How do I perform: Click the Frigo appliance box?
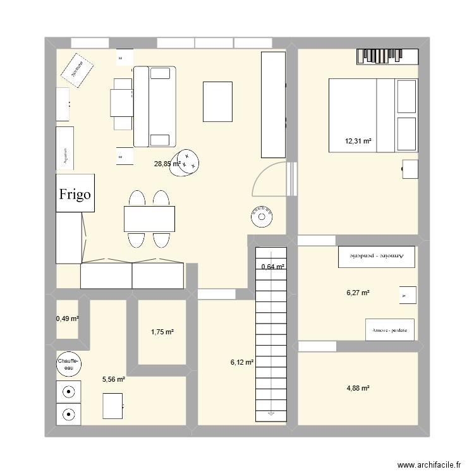(76, 193)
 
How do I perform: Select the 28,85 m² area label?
(167, 164)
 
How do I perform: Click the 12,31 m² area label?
(358, 142)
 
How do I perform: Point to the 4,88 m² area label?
(357, 387)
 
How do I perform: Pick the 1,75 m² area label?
(162, 332)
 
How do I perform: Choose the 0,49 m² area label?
(68, 319)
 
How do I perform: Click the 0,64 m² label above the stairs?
(273, 267)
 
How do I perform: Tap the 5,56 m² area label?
(114, 379)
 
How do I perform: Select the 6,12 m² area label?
(242, 362)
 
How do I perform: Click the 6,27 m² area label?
(358, 293)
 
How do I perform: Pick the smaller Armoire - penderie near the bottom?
(390, 330)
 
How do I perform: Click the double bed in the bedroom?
(373, 115)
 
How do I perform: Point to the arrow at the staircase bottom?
(271, 414)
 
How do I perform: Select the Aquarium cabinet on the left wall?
(65, 148)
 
